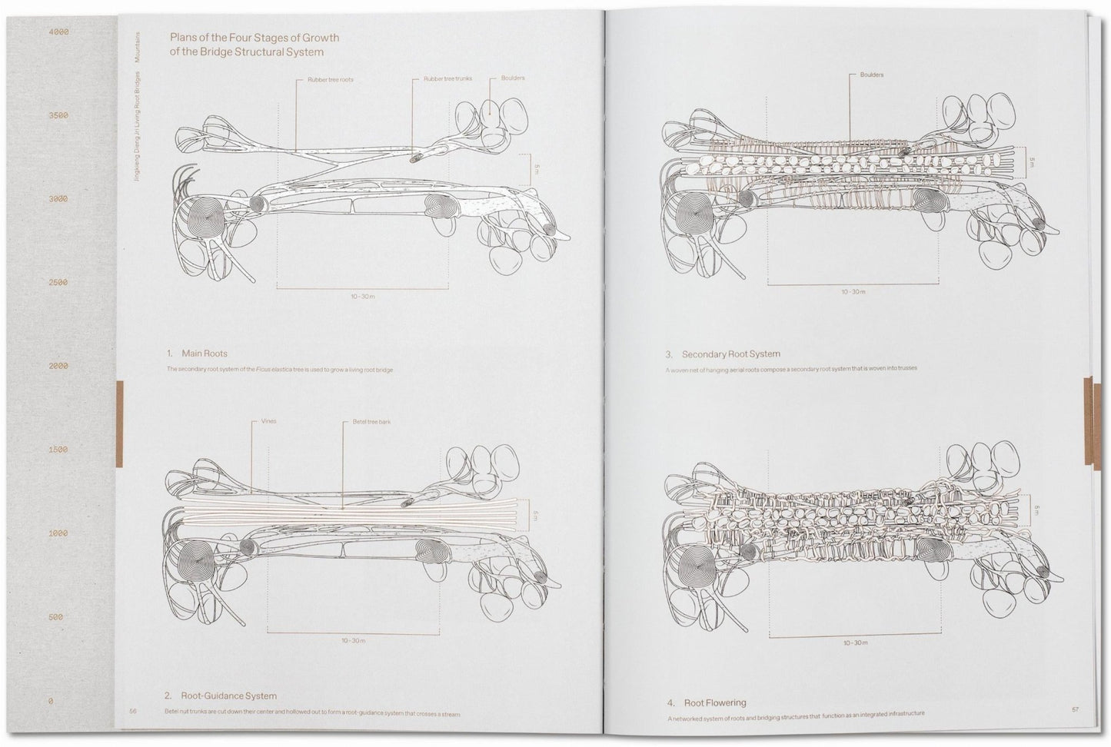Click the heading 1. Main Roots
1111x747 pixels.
[x=197, y=354]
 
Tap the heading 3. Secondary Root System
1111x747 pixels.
[x=723, y=354]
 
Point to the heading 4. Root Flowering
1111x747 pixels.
[x=705, y=702]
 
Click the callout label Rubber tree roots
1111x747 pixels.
[x=331, y=80]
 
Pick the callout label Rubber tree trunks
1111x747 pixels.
[x=447, y=79]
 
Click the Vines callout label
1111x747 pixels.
[x=268, y=421]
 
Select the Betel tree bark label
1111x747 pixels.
[x=372, y=421]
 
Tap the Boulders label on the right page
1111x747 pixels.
[x=872, y=75]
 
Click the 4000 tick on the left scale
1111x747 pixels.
[x=58, y=32]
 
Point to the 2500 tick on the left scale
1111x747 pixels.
[x=58, y=283]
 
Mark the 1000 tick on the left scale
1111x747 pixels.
[x=58, y=533]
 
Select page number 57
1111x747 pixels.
[x=1075, y=709]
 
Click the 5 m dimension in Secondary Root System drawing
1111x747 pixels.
[x=1032, y=163]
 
